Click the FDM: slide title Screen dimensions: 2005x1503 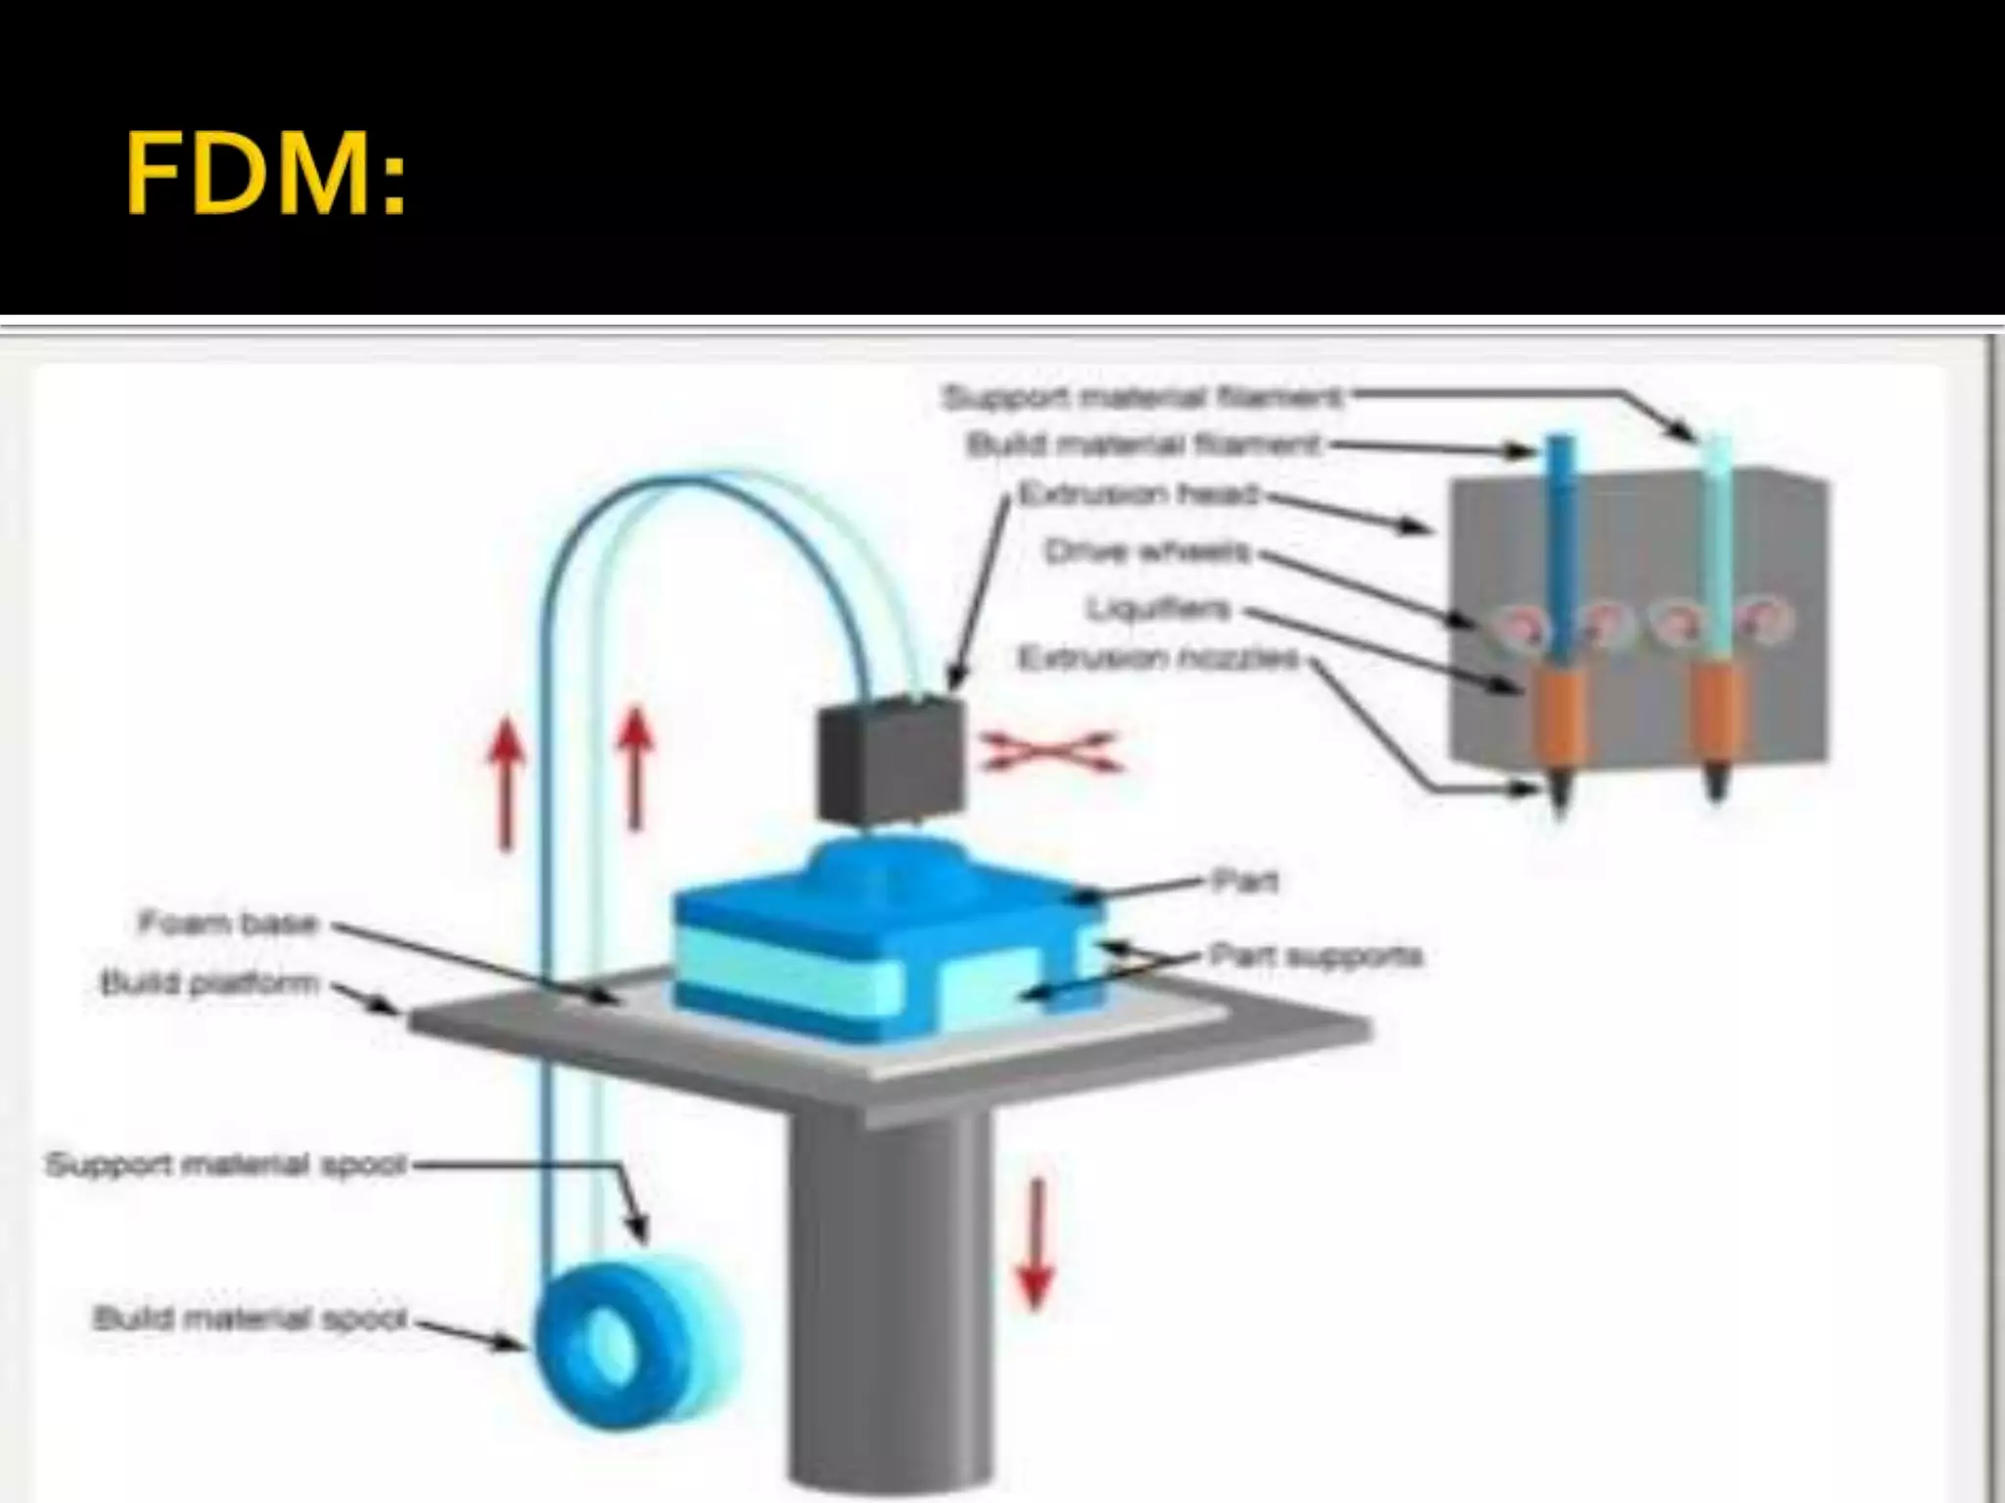pos(265,176)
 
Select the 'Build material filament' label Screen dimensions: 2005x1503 pos(1143,445)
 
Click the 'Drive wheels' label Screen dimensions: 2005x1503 pos(1148,553)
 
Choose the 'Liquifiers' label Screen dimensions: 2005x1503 pos(1159,610)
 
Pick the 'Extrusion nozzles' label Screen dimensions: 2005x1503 pos(1159,659)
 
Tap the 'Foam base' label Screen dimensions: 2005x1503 pos(228,923)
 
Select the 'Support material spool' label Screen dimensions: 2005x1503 pos(225,1164)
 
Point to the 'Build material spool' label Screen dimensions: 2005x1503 pos(249,1318)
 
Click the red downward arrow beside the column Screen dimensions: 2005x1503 pos(1036,1243)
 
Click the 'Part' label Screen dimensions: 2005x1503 pos(1244,881)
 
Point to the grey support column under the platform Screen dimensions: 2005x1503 pos(886,1301)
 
